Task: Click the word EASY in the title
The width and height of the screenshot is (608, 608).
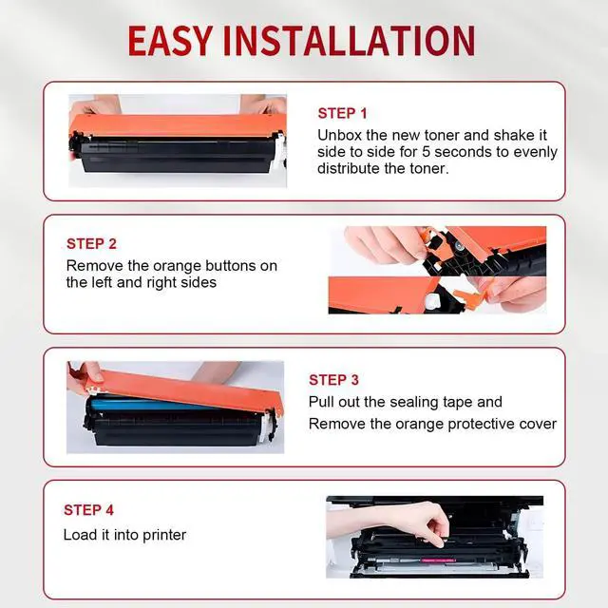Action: point(171,41)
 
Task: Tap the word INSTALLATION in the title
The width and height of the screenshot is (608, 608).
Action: point(349,41)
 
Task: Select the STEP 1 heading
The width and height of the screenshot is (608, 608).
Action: point(342,114)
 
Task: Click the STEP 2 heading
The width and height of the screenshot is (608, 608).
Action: point(91,244)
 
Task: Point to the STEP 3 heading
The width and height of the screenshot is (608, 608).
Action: point(333,380)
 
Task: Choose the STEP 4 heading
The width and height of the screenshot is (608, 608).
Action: point(88,510)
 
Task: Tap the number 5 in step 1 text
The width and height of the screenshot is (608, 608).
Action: point(427,152)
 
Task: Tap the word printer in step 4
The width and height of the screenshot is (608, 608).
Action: point(164,536)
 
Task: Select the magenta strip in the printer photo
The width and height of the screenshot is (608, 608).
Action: point(438,560)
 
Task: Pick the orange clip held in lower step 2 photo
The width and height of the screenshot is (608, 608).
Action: point(467,297)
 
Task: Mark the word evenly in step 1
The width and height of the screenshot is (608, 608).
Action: point(536,152)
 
